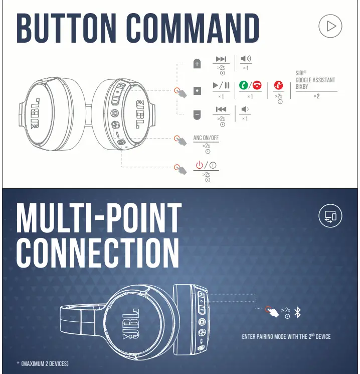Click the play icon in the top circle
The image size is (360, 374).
(331, 26)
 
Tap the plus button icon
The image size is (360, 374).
(197, 64)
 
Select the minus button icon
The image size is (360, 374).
(197, 115)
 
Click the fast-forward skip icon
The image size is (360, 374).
(221, 59)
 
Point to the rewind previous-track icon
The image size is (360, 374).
(221, 109)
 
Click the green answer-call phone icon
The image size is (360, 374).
(244, 85)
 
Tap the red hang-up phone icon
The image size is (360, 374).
(257, 85)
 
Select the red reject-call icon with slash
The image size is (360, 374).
(278, 85)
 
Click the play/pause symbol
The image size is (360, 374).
(221, 85)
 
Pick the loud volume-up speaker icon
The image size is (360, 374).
(246, 59)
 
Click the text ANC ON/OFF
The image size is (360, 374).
(206, 138)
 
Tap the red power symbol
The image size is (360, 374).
(199, 165)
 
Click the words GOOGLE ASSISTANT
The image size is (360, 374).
(315, 80)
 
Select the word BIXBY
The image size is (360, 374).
(302, 86)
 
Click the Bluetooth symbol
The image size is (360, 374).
(298, 312)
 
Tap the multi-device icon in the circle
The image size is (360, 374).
(331, 216)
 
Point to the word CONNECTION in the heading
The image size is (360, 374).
(98, 253)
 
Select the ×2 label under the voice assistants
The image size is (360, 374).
(317, 96)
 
